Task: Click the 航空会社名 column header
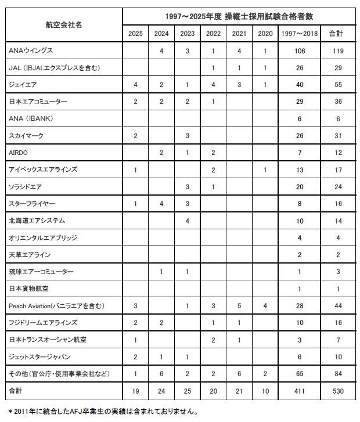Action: pos(64,25)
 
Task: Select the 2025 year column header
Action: pos(135,33)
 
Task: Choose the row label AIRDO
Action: pos(19,153)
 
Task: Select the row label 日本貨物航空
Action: pos(29,288)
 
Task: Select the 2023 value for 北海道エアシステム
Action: pos(187,221)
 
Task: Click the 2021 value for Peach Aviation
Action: pos(239,305)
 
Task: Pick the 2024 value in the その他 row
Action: pos(161,373)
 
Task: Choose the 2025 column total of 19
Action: pos(135,391)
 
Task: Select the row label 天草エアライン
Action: pos(30,255)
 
